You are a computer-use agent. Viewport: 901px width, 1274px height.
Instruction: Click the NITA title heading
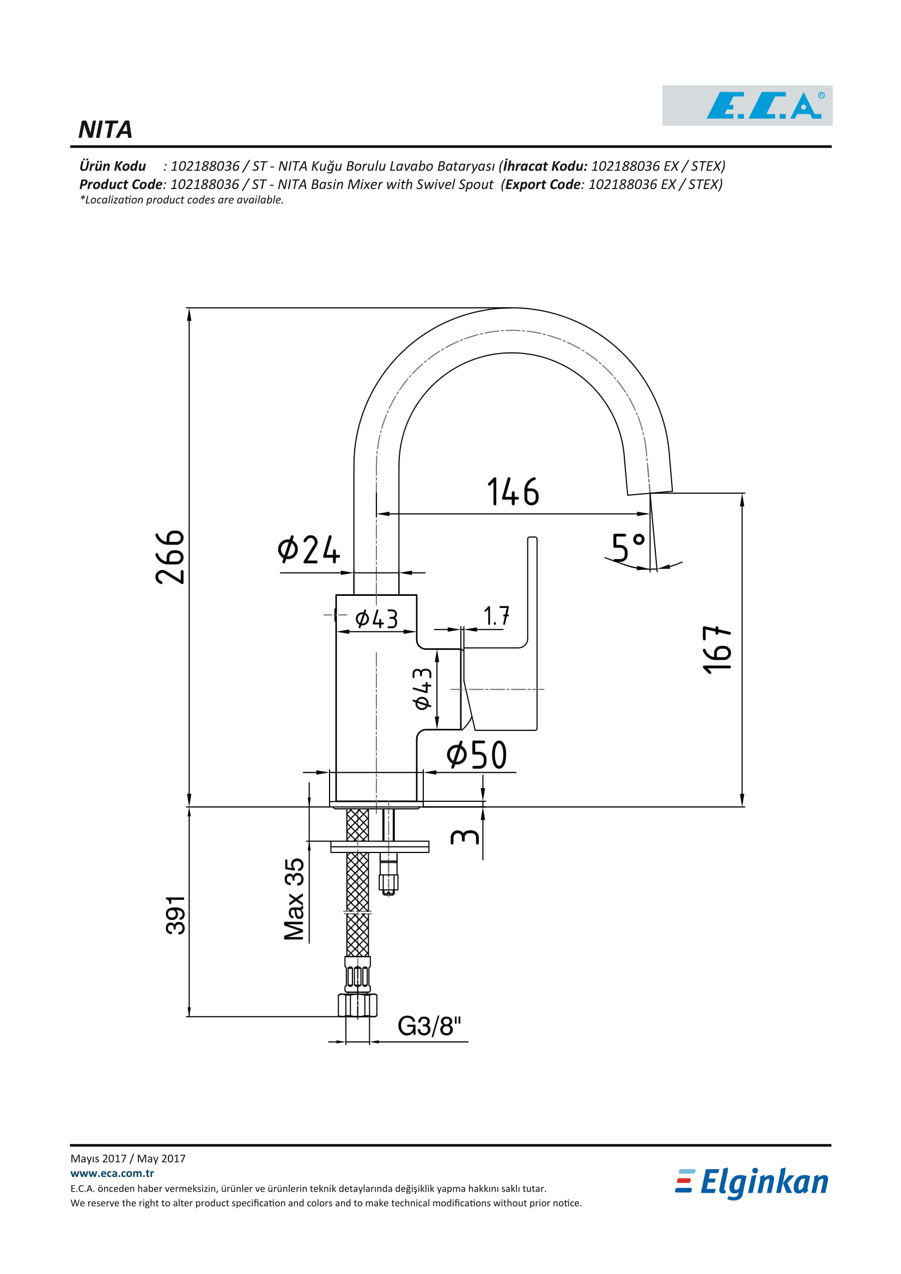(x=106, y=130)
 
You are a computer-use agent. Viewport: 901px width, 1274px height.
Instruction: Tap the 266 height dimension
(x=170, y=557)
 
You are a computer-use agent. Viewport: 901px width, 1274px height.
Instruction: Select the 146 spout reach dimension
(x=513, y=492)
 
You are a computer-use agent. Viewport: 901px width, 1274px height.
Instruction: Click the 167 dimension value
(x=717, y=650)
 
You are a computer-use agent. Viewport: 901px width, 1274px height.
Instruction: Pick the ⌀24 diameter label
(x=308, y=550)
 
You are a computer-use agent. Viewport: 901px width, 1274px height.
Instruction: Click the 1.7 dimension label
(x=496, y=616)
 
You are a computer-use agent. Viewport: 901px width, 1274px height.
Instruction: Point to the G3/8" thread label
(x=429, y=1026)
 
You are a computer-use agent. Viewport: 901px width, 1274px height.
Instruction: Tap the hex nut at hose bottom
(x=357, y=1005)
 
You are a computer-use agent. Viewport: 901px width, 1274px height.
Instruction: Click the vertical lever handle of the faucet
(x=532, y=632)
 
